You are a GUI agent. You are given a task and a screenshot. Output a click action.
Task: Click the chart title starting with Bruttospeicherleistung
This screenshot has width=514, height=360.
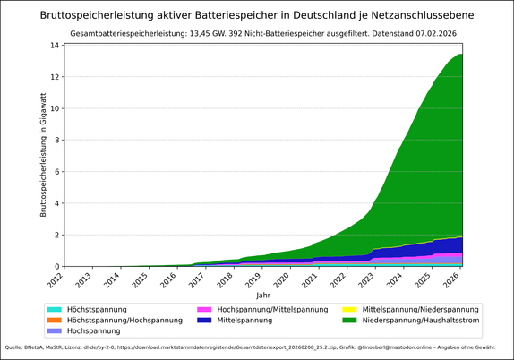[257, 15]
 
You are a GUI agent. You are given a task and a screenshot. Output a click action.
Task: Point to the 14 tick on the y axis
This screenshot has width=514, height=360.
[55, 46]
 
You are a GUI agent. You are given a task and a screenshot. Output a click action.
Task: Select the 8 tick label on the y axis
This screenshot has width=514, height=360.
[56, 140]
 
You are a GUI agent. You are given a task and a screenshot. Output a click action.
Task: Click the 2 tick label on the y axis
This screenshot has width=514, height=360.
[56, 235]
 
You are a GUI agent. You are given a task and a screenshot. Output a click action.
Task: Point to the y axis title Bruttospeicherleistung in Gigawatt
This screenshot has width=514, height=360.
[42, 156]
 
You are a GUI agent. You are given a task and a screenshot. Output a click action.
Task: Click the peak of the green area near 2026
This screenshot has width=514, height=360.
[459, 56]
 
